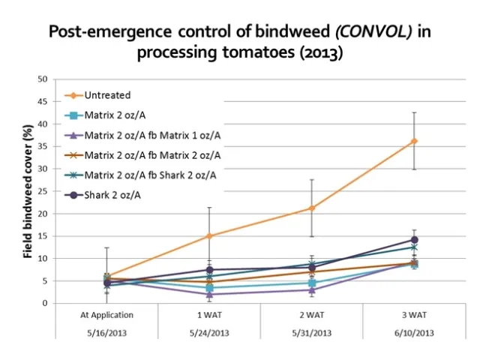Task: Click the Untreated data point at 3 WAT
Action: (x=414, y=141)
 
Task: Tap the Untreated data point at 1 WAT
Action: (x=209, y=235)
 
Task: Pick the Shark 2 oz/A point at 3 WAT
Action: (x=414, y=240)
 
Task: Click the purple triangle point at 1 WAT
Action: (x=209, y=294)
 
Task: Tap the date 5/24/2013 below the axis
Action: (x=209, y=334)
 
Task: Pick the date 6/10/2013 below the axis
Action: (x=414, y=334)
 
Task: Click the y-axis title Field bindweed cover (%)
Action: (x=28, y=191)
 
